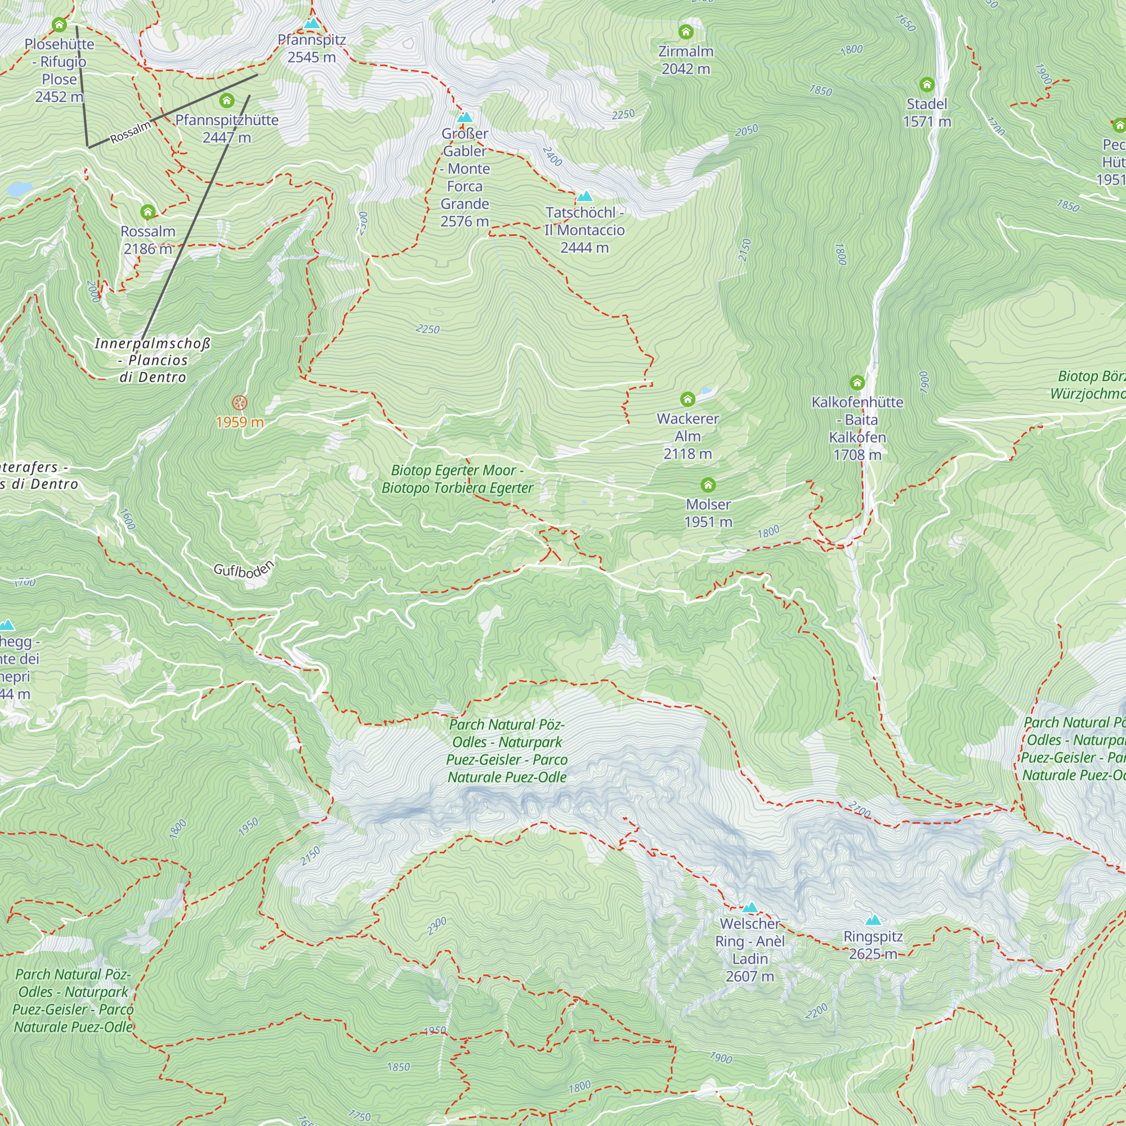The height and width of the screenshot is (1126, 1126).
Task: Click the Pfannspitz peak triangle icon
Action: click(312, 24)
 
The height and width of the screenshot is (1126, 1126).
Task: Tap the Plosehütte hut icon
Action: click(59, 24)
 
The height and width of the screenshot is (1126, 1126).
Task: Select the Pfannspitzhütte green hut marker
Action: click(227, 101)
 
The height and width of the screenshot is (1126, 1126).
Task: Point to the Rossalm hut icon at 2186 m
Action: click(148, 212)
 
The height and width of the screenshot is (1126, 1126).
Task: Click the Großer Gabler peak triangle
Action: click(464, 117)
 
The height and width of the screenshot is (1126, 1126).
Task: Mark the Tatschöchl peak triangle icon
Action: click(584, 196)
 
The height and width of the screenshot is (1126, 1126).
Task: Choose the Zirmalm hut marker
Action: click(686, 32)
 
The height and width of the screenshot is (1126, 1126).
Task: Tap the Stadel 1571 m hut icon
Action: click(927, 84)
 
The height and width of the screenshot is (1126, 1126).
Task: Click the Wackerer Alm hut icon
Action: click(688, 399)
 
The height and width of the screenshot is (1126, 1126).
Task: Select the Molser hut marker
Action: click(708, 485)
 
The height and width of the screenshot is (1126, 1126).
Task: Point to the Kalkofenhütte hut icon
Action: click(857, 383)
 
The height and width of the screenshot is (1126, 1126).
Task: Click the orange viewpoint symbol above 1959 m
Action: click(239, 403)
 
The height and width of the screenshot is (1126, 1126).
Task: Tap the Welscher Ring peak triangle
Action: click(750, 908)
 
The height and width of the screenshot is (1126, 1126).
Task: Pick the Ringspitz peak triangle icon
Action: click(873, 921)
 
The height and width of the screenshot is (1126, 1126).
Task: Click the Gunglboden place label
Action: click(244, 569)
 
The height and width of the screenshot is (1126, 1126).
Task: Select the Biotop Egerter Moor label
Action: click(457, 479)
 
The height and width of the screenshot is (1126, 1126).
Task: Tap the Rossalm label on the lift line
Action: click(131, 132)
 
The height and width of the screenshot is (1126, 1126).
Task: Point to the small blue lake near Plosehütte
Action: click(20, 189)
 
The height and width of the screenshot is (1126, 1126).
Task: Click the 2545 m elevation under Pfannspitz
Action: click(312, 57)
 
